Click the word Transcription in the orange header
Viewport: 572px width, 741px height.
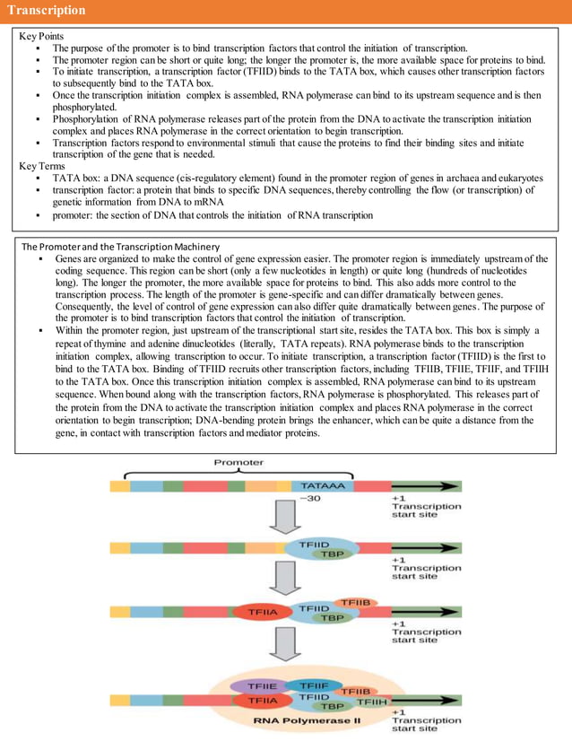(47, 11)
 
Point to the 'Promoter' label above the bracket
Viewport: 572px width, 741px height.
(238, 463)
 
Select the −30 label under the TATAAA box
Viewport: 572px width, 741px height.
(311, 499)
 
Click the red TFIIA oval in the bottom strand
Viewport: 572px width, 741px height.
(262, 700)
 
